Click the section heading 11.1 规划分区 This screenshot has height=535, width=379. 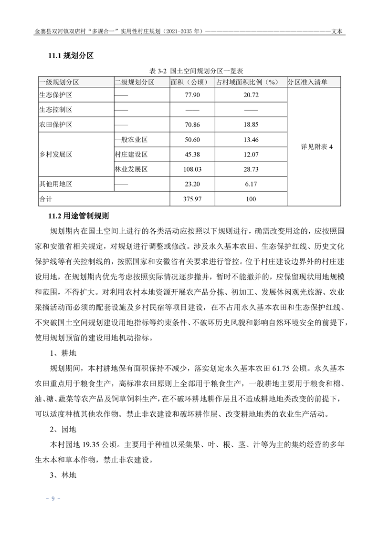[71, 56]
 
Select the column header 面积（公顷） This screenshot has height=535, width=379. [189, 82]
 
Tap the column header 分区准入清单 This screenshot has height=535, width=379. [307, 82]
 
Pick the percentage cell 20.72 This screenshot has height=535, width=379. [251, 95]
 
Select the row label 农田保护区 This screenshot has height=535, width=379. [55, 125]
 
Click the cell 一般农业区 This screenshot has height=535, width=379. [131, 140]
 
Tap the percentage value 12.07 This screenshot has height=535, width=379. [251, 154]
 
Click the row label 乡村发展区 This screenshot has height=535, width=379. [55, 154]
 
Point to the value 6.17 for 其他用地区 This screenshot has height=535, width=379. [251, 184]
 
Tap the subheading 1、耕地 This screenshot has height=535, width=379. [63, 354]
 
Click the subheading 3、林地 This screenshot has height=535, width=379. [63, 475]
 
